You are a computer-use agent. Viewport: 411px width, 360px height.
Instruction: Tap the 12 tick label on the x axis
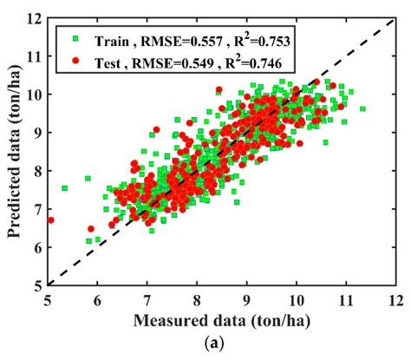click(396, 298)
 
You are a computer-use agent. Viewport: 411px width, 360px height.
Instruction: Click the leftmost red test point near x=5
click(50, 220)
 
